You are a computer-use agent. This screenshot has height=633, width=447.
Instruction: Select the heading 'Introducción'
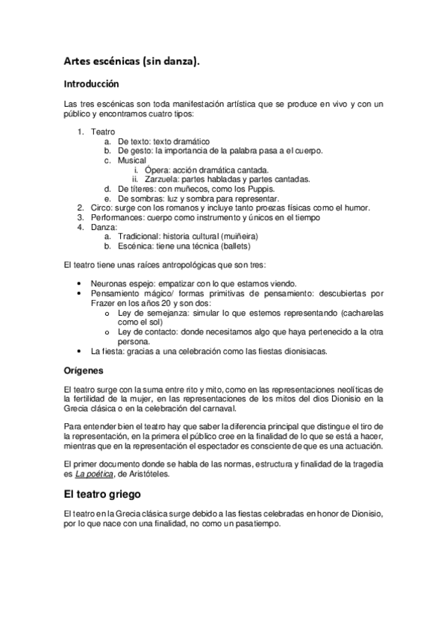click(92, 84)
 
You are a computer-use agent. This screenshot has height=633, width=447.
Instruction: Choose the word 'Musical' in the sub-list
click(131, 160)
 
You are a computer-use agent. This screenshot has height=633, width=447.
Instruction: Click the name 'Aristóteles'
click(155, 473)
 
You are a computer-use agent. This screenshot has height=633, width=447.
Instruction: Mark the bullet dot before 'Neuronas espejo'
click(81, 284)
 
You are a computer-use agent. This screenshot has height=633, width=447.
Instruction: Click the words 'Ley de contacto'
click(144, 331)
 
